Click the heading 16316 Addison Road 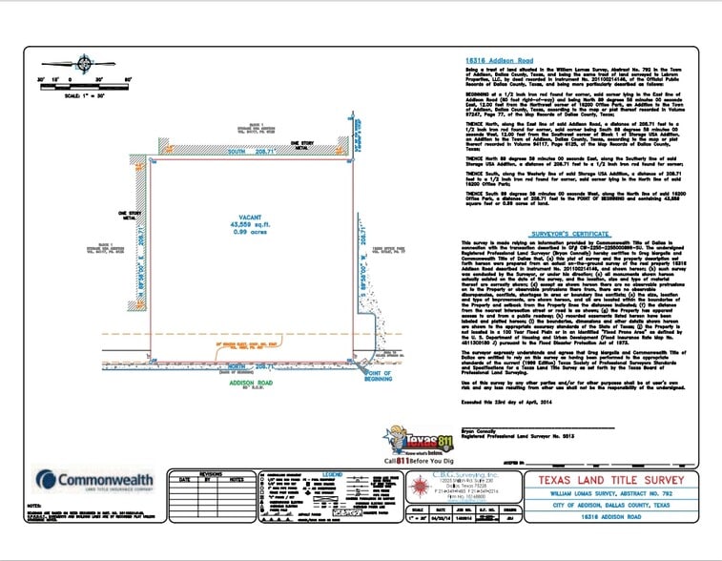point(499,59)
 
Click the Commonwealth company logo point(94,479)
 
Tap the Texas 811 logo point(416,444)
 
